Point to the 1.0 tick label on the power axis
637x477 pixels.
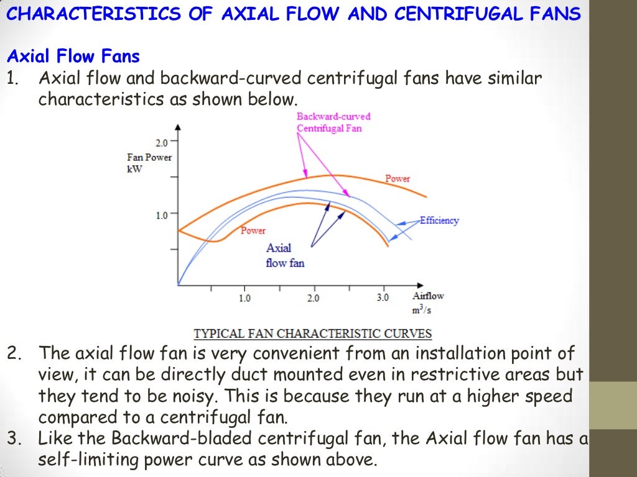[x=162, y=216]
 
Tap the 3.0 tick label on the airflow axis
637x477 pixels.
[x=383, y=298]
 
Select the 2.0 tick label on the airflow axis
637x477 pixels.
[x=313, y=298]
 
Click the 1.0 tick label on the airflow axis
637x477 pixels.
[x=244, y=298]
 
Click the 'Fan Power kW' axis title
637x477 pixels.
[x=149, y=163]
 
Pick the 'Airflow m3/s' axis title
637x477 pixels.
[x=428, y=302]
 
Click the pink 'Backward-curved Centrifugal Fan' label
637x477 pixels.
[x=333, y=122]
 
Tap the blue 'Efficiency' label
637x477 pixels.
[x=439, y=220]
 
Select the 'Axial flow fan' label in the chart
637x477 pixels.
[x=285, y=255]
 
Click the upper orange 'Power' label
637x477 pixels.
[x=398, y=179]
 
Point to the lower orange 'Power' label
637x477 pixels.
[x=253, y=230]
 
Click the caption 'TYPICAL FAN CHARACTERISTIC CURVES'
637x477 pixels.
[x=313, y=334]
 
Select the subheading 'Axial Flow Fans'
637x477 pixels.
[x=73, y=57]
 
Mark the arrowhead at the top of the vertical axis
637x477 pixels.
[x=179, y=127]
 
